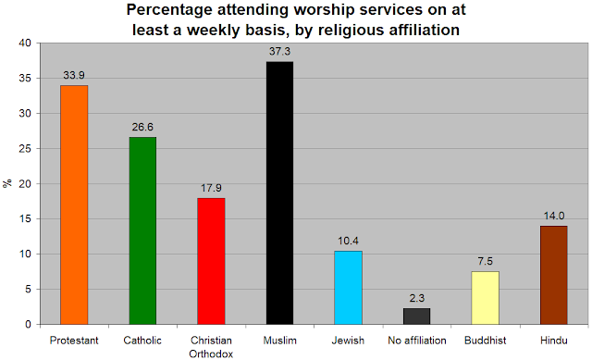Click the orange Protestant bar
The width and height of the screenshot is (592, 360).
click(74, 205)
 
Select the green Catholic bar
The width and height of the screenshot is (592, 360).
click(142, 230)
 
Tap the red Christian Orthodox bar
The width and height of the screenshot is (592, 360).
click(211, 261)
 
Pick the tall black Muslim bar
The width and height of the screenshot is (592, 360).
click(279, 193)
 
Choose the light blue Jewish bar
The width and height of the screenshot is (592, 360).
click(348, 288)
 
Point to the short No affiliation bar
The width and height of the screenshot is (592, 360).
click(417, 317)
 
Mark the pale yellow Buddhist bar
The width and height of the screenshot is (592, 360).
click(485, 298)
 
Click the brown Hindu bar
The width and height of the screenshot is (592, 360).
click(554, 276)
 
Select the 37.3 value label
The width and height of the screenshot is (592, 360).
click(279, 52)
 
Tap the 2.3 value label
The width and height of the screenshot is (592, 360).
click(417, 298)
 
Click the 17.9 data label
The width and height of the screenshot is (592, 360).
click(211, 188)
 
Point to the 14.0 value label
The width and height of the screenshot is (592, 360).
click(554, 216)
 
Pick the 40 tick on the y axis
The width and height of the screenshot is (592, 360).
click(25, 43)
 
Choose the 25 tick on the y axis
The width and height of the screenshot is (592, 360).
click(25, 148)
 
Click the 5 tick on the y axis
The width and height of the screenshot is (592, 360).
click(28, 290)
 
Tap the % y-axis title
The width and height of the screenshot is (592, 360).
click(7, 183)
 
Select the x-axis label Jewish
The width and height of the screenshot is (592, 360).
click(348, 341)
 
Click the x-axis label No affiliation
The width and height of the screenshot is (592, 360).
click(417, 341)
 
